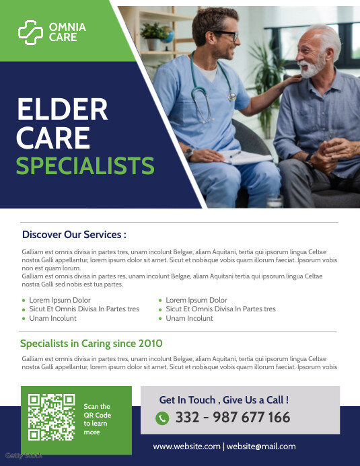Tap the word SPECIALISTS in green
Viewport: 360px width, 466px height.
(x=85, y=165)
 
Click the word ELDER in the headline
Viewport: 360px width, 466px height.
(x=62, y=110)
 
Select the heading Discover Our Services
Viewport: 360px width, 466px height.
(x=74, y=235)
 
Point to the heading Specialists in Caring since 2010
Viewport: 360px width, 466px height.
(x=92, y=344)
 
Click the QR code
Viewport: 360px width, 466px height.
(x=51, y=417)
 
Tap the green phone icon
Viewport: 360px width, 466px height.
(x=161, y=418)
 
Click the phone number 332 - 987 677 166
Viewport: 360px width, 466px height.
(x=232, y=418)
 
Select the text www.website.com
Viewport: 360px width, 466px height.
(x=186, y=446)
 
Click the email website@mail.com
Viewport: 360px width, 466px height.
(x=260, y=446)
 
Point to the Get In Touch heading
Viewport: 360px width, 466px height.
(x=223, y=399)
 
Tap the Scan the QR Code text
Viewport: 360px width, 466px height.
(x=97, y=419)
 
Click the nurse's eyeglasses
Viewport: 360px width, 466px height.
(x=226, y=36)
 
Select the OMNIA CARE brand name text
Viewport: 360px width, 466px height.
(x=67, y=32)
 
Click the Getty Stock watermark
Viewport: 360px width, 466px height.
(x=24, y=455)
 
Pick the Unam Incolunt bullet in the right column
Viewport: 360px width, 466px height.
(x=189, y=318)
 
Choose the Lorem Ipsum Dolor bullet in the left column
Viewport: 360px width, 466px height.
(x=60, y=300)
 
